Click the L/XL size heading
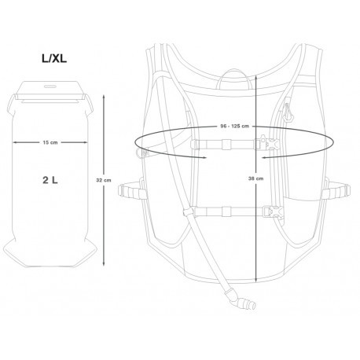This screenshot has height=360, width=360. click(54, 58)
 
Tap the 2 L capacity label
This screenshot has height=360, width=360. click(50, 180)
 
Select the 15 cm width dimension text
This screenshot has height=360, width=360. click(50, 142)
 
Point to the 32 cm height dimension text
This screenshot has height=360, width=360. click(104, 180)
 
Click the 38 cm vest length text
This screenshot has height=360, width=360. click(255, 178)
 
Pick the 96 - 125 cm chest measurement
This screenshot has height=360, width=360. click(234, 126)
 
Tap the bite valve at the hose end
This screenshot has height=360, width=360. click(243, 300)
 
